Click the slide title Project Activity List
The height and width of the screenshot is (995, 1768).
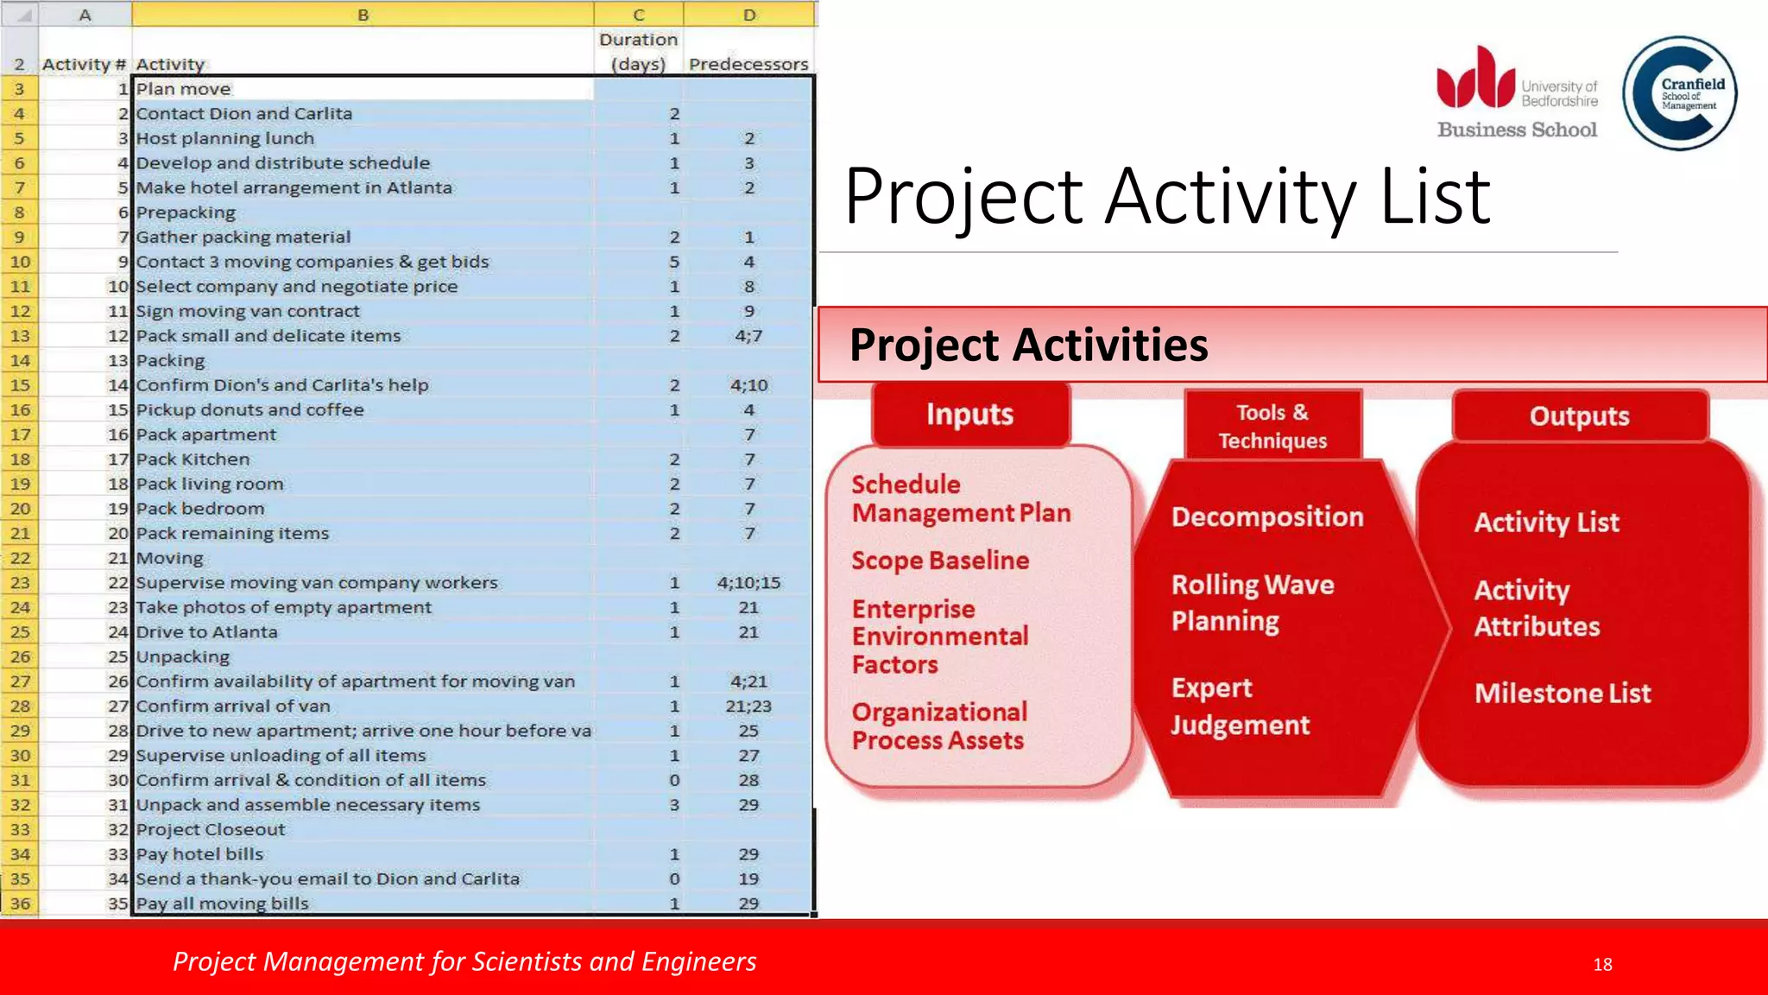[1167, 197]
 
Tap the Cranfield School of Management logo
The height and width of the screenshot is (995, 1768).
[1679, 93]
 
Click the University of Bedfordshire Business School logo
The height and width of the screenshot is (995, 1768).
[1517, 93]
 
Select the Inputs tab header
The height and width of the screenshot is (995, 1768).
[969, 415]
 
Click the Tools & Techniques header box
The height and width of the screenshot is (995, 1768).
[1272, 426]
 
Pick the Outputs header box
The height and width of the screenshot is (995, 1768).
[1579, 416]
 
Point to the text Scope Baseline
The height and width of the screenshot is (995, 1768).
[940, 561]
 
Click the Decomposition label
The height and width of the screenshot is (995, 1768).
[1267, 517]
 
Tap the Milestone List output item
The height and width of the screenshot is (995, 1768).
[1563, 693]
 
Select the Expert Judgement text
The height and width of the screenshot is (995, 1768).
[1240, 707]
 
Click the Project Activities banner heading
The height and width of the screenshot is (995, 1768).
[1028, 345]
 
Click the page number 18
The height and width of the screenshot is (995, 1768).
[1602, 964]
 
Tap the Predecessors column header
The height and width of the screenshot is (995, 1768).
[748, 64]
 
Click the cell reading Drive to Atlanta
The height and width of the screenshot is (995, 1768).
[207, 632]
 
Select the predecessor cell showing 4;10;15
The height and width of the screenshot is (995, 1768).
[748, 583]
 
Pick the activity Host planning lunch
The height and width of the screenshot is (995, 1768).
[225, 138]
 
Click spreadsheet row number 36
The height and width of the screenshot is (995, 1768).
[20, 903]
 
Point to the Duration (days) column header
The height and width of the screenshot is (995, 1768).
[638, 52]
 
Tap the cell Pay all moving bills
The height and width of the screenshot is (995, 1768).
[223, 903]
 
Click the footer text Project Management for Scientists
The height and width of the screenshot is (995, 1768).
[464, 961]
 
